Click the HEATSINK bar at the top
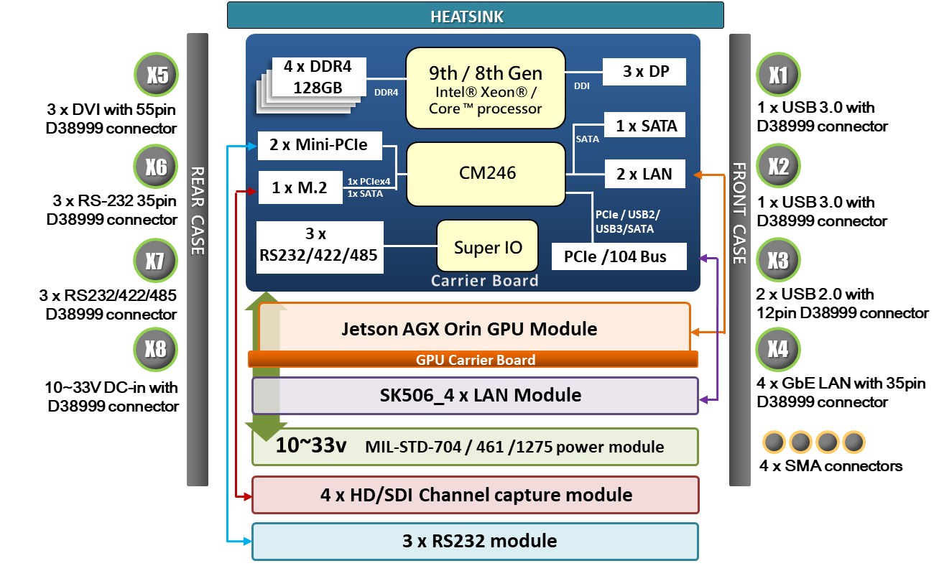475,16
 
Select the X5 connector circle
157,75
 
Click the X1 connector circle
778,75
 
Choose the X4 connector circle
777,350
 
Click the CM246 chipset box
486,173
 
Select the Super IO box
487,248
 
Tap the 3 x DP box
644,73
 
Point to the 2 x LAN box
644,173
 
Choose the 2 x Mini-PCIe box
318,145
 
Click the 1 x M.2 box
300,188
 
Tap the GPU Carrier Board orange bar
474,360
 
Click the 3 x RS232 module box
474,541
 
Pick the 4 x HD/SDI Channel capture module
474,495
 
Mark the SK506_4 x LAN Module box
474,395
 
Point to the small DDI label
582,86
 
